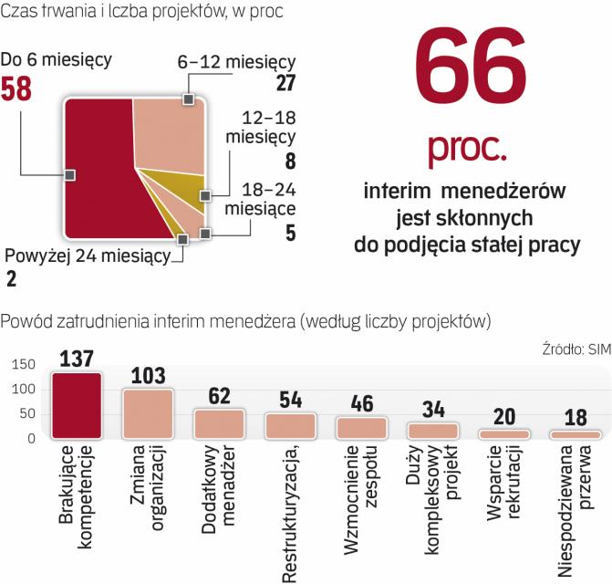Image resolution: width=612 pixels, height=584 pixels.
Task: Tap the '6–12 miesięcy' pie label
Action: pyautogui.click(x=236, y=62)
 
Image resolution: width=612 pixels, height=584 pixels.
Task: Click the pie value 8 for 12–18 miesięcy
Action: pyautogui.click(x=290, y=162)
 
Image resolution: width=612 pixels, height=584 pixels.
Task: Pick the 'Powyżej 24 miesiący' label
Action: pyautogui.click(x=88, y=256)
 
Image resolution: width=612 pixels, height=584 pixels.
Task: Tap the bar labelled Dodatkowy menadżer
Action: pyautogui.click(x=220, y=423)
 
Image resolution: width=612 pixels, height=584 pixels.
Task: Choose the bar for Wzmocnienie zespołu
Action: pyautogui.click(x=361, y=427)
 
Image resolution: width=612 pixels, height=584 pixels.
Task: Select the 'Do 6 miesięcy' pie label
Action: pyautogui.click(x=57, y=60)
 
